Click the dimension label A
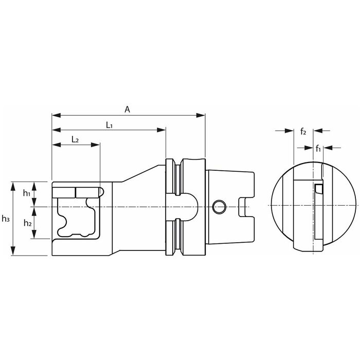(x=127, y=110)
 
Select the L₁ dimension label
(x=109, y=125)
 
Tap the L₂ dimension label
(x=75, y=139)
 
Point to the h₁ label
(x=27, y=193)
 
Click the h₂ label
(x=28, y=223)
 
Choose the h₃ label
(x=6, y=219)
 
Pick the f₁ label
(x=318, y=149)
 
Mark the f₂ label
(x=303, y=132)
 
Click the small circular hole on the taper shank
(x=219, y=207)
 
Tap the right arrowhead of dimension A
(x=201, y=115)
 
